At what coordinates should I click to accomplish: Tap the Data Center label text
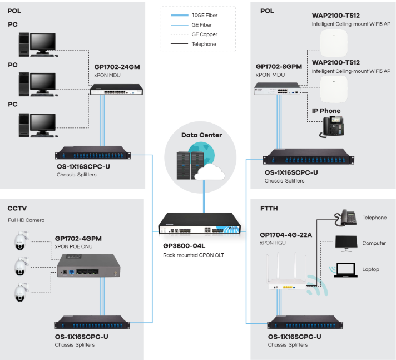tap(201, 135)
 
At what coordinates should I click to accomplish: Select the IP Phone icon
tap(332, 127)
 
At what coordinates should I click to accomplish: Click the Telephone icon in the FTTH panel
tap(346, 218)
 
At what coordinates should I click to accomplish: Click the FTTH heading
tap(269, 209)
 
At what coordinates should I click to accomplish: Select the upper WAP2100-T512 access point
tap(333, 43)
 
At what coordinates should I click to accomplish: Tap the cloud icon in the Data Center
tap(210, 172)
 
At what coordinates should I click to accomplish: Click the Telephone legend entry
tap(204, 44)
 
